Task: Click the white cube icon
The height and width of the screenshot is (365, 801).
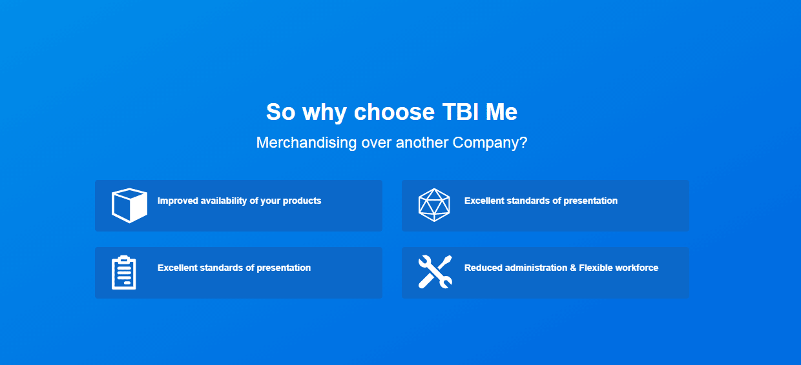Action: tap(129, 205)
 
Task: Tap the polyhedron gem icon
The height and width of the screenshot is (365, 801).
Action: tap(434, 205)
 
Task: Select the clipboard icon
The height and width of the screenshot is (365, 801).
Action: tap(124, 273)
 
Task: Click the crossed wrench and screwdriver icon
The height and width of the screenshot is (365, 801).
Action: tap(435, 271)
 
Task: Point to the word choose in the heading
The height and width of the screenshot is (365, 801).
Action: tap(394, 112)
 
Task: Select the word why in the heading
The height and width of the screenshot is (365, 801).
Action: tap(324, 113)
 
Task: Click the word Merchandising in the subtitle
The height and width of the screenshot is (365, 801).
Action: tap(306, 143)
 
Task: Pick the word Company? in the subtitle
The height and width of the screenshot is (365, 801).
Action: tap(490, 143)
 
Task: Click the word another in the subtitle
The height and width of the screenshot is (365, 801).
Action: tap(422, 143)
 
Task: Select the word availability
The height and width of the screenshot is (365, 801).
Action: tap(224, 201)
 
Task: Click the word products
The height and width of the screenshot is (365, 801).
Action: tap(302, 201)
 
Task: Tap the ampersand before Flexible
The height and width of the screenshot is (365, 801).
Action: tap(573, 268)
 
